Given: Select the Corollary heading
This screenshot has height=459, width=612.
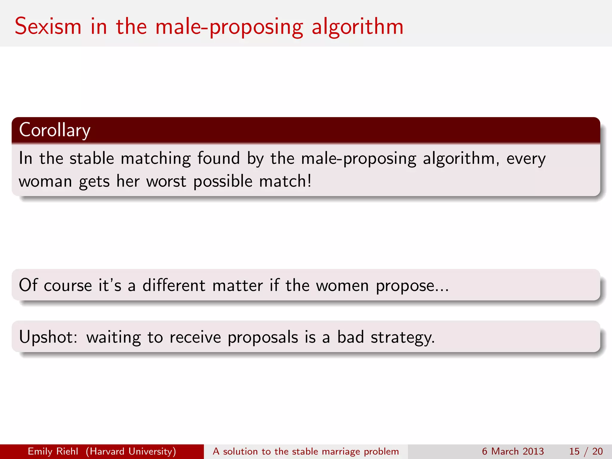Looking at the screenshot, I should click(55, 130).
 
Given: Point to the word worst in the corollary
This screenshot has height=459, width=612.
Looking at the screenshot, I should click(166, 181).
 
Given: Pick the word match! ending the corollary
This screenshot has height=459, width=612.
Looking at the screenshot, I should click(285, 181).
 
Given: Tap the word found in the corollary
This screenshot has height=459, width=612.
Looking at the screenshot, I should click(218, 158).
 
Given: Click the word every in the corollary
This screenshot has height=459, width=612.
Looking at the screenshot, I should click(526, 159).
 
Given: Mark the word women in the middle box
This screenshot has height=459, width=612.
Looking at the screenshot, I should click(342, 285).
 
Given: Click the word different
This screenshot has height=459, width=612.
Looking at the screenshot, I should click(174, 285).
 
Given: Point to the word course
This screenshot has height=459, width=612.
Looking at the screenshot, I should click(68, 286).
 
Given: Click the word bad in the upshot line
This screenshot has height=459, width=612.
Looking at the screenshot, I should click(351, 337).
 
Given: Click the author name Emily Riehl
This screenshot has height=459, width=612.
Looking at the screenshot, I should click(53, 451).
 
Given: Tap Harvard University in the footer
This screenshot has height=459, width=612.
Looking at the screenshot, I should click(131, 451).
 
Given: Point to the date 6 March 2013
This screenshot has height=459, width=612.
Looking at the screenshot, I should click(513, 451).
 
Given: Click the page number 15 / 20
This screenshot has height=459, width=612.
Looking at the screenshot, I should click(586, 451).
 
